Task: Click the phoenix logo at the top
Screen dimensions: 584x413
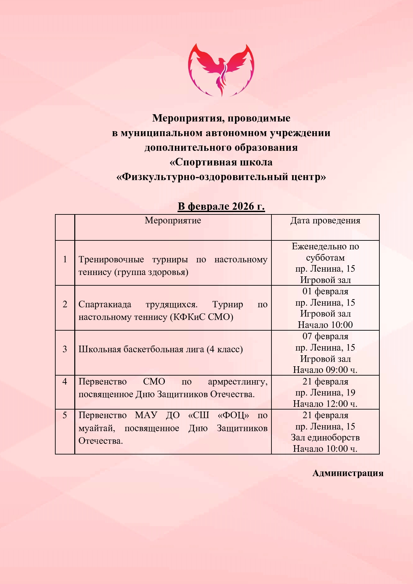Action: [221, 70]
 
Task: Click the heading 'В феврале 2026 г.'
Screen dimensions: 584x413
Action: [221, 206]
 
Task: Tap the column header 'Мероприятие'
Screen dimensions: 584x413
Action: [173, 220]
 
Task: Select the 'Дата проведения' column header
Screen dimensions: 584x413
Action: [325, 220]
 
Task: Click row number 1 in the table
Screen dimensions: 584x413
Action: [65, 259]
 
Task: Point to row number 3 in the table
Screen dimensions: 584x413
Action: [65, 349]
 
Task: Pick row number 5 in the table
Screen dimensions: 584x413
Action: [65, 415]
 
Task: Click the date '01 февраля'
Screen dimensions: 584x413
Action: [325, 291]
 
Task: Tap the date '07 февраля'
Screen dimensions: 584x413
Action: [325, 336]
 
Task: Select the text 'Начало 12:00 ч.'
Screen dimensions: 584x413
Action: [325, 404]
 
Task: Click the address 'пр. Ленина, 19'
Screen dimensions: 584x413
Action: [325, 393]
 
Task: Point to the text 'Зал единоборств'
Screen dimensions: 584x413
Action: [325, 438]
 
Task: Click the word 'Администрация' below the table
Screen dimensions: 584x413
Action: [348, 473]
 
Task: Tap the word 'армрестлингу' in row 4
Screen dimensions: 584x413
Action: [237, 382]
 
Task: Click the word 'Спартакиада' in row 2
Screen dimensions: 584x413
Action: [105, 304]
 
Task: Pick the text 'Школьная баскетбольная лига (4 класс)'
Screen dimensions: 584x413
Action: [161, 349]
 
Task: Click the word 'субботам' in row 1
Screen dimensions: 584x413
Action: [325, 258]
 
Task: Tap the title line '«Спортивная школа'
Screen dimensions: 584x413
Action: [221, 162]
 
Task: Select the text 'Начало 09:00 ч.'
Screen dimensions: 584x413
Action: [325, 370]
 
